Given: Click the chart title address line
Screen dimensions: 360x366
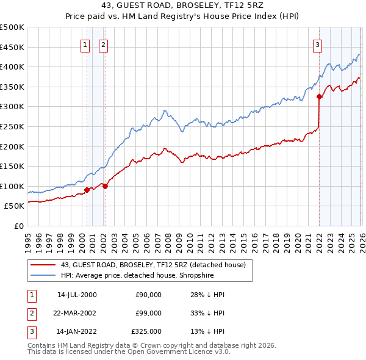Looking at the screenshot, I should (x=182, y=7).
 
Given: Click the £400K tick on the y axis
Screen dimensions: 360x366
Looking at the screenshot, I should (x=12, y=67).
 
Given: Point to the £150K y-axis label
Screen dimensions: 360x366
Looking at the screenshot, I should (x=12, y=166).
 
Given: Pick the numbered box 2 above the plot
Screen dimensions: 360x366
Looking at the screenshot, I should (x=103, y=44).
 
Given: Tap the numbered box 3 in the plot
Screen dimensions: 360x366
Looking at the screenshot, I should (x=318, y=44).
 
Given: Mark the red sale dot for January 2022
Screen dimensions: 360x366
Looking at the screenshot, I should (x=319, y=96).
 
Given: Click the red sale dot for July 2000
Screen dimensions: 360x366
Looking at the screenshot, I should (x=87, y=190).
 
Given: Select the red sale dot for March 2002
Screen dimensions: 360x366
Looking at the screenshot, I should (x=105, y=186).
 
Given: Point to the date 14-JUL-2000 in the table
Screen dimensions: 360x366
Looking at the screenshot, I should (x=77, y=295).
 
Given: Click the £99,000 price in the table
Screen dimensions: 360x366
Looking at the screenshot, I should (x=149, y=313).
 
